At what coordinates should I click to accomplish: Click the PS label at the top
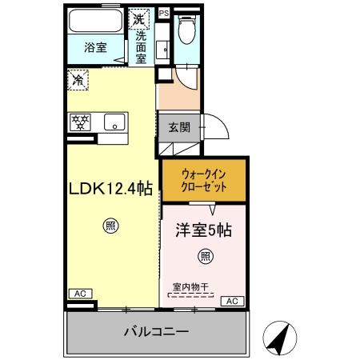pyautogui.click(x=164, y=14)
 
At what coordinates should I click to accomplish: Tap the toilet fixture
pyautogui.click(x=186, y=30)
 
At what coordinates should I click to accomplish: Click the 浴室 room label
pyautogui.click(x=96, y=48)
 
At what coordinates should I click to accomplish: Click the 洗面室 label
pyautogui.click(x=141, y=47)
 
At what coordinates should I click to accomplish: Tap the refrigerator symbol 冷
pyautogui.click(x=78, y=80)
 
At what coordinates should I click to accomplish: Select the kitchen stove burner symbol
pyautogui.click(x=81, y=123)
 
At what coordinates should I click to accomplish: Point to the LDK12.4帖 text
pyautogui.click(x=110, y=191)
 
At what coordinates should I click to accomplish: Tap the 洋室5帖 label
pyautogui.click(x=204, y=230)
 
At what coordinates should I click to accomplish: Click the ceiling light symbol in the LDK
pyautogui.click(x=109, y=226)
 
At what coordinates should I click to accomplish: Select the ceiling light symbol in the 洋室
pyautogui.click(x=205, y=256)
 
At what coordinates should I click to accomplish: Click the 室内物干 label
pyautogui.click(x=190, y=286)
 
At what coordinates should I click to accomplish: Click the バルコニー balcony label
pyautogui.click(x=155, y=330)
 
